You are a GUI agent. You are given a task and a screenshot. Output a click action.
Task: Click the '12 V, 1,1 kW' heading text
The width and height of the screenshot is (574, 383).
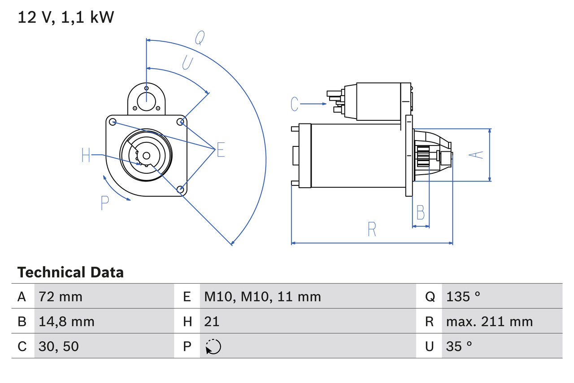coord(66,17)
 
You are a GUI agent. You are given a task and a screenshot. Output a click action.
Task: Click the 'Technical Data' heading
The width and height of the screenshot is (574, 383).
coord(70,272)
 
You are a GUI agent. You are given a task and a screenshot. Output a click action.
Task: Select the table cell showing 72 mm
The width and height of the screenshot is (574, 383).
coord(61,296)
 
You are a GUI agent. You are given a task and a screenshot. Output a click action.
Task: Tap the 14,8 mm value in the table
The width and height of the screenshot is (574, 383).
coord(66,321)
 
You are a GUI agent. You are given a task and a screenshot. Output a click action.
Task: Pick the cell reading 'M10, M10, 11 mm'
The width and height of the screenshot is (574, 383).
coord(262,296)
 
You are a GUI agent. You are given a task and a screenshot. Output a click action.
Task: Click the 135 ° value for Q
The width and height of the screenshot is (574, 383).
coord(463,296)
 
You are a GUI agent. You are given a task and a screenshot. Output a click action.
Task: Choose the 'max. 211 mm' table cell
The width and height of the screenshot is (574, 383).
coord(489,321)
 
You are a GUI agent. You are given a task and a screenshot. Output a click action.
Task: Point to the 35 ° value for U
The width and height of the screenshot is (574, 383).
coord(459,346)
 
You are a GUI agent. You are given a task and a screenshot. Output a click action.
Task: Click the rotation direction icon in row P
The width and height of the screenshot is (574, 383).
coord(213,347)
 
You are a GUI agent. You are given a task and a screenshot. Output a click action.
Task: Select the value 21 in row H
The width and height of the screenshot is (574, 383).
coord(212,321)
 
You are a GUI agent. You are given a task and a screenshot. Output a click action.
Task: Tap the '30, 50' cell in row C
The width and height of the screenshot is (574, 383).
coord(59,346)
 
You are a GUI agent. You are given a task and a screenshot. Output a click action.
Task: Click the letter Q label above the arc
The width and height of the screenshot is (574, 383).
coord(200,39)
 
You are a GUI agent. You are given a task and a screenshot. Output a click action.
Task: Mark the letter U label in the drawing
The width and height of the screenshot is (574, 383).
coord(187,62)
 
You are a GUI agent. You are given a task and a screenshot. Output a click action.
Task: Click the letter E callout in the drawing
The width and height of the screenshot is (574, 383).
coord(220,150)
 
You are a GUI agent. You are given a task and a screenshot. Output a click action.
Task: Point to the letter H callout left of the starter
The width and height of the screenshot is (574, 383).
coord(86,155)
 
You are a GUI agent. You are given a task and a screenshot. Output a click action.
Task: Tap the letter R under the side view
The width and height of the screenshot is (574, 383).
coord(372,229)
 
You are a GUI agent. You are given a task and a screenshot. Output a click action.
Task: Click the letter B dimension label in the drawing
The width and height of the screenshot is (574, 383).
coord(420,212)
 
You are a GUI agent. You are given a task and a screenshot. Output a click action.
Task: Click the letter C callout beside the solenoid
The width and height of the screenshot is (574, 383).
coord(294,104)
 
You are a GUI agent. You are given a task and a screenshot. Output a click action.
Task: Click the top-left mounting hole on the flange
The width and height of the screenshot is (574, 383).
coord(113,121)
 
